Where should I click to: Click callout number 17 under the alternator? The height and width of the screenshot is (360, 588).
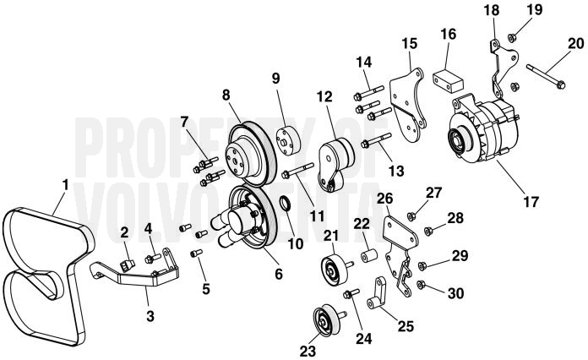(x=531, y=201)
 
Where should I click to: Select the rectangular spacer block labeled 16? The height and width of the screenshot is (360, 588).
(x=448, y=79)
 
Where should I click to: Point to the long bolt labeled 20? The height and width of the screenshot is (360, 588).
(x=546, y=77)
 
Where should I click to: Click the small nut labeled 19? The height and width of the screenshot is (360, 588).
(x=511, y=37)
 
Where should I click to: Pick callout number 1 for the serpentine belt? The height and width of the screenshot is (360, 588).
(x=66, y=184)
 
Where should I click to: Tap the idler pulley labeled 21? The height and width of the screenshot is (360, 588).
(x=335, y=270)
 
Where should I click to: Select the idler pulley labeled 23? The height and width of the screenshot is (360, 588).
(x=326, y=321)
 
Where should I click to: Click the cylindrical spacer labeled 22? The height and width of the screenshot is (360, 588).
(x=368, y=256)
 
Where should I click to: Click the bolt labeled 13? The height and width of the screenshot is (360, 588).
(x=376, y=139)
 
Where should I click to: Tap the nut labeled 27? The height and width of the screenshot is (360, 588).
(x=411, y=216)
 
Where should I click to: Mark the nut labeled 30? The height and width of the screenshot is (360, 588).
(x=421, y=285)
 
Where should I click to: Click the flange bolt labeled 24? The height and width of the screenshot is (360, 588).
(x=351, y=293)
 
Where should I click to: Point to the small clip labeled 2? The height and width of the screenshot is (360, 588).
(x=127, y=265)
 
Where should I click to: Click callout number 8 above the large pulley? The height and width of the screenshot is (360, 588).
(x=226, y=95)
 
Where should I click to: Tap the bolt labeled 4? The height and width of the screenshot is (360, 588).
(x=153, y=258)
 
